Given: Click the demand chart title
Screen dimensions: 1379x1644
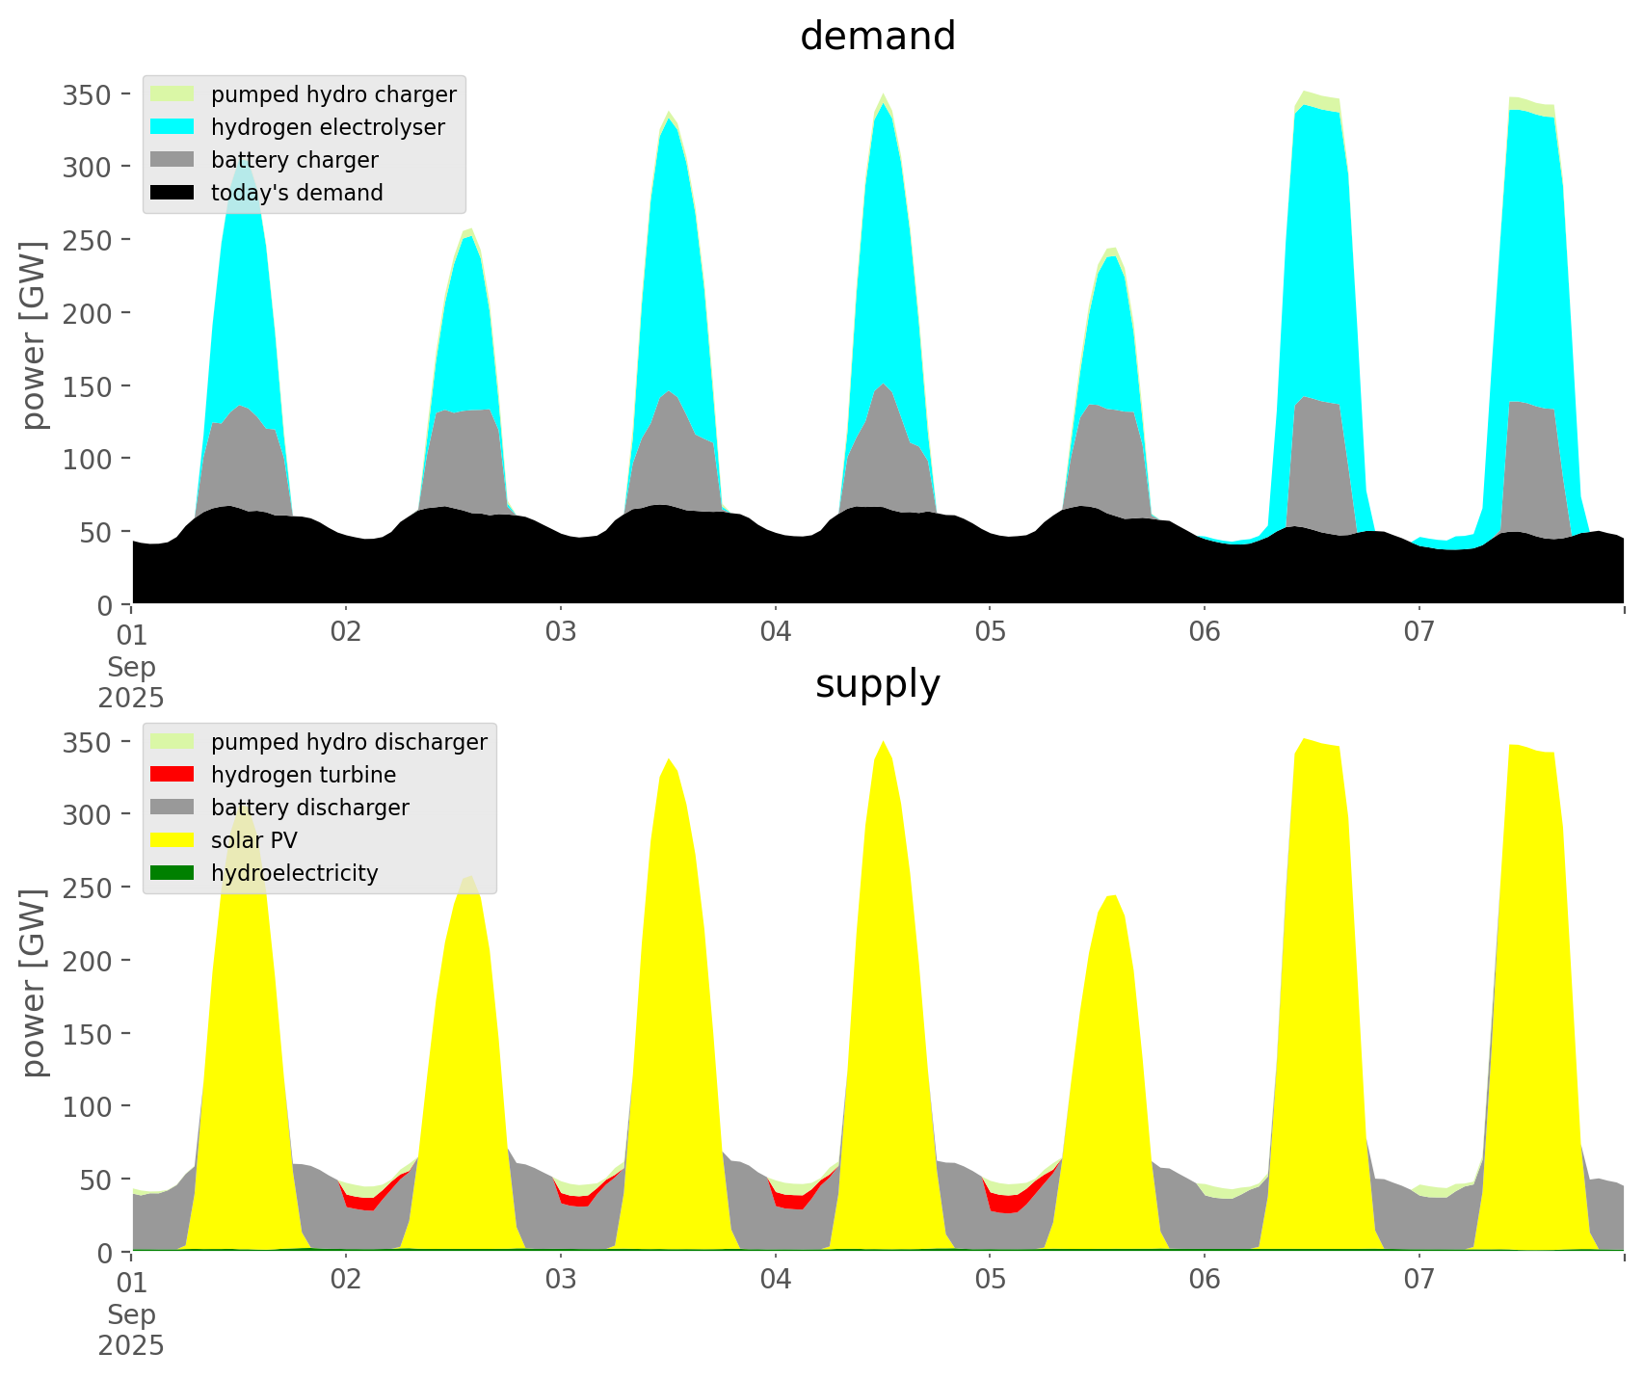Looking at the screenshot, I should (x=877, y=37).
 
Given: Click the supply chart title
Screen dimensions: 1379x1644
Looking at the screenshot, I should (x=877, y=684).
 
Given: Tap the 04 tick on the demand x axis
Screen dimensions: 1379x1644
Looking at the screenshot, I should (x=775, y=632).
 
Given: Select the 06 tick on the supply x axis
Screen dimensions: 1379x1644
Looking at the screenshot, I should (x=1205, y=1280).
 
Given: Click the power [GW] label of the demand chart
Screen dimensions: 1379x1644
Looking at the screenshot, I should (x=34, y=336).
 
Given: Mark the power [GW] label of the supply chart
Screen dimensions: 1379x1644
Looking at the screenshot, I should (x=34, y=983).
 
